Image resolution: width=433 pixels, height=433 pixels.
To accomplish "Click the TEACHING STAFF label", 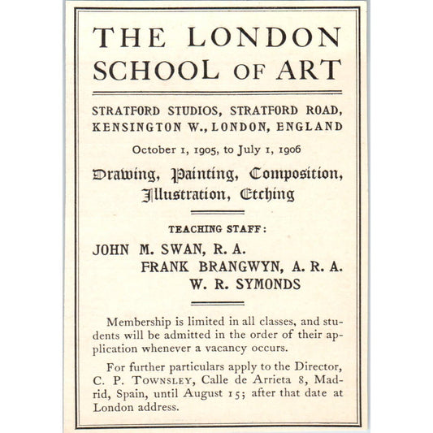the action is pos(216,229).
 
